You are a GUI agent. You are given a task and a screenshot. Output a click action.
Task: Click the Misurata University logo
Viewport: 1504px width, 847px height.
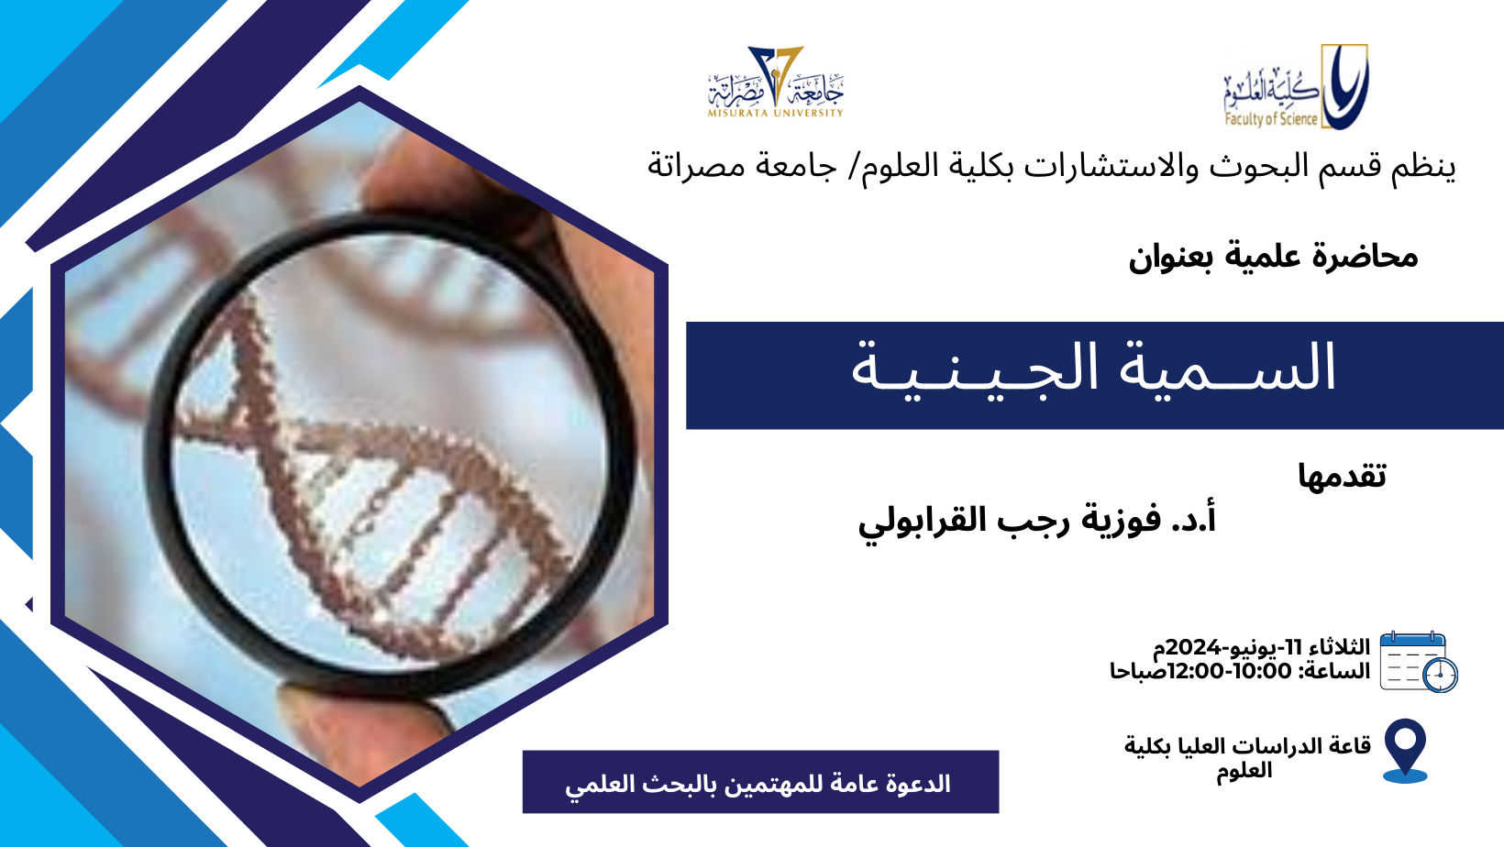[776, 82]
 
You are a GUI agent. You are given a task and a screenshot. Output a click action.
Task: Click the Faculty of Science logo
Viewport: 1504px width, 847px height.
[1296, 86]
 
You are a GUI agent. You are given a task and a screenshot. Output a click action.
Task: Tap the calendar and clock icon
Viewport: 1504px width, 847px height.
[1418, 662]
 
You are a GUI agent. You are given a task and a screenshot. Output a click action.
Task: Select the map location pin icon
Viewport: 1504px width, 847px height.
[1405, 751]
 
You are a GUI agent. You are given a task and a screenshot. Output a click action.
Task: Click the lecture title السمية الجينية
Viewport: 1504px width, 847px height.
[1094, 368]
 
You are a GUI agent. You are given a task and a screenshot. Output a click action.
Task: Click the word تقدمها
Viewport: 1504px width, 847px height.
[1342, 476]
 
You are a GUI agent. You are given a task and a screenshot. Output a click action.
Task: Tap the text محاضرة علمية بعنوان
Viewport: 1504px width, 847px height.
[1273, 257]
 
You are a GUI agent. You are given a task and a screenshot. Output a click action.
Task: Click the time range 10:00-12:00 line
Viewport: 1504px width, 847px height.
[1240, 671]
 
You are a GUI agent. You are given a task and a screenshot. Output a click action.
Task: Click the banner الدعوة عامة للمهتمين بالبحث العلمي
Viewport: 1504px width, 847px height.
[761, 782]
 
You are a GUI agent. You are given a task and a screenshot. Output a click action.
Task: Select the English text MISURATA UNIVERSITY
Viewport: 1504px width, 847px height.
[776, 113]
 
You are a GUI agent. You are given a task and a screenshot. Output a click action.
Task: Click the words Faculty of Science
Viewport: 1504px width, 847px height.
[1271, 119]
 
